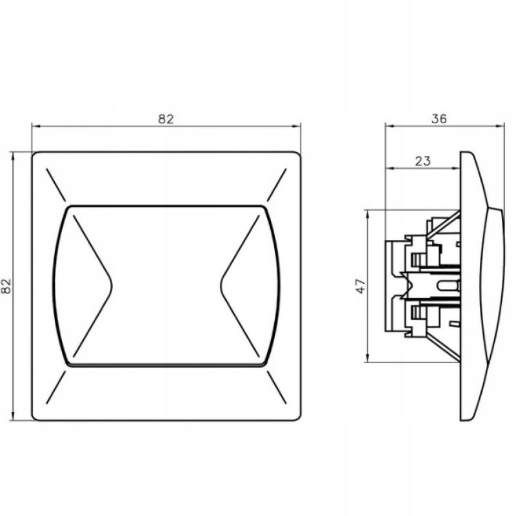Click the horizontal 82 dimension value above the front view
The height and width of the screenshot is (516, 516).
point(166,119)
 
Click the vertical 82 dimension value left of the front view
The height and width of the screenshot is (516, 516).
point(6,286)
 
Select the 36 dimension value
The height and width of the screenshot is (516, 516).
point(439,119)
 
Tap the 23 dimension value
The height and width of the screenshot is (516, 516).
point(422,161)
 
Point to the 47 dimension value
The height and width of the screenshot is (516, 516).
point(361,286)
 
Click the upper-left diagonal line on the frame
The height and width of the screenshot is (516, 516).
point(56,184)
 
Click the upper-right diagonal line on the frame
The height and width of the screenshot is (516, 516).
point(277,184)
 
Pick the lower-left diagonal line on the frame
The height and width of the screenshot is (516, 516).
point(56,388)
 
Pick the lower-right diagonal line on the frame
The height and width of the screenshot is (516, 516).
point(277,388)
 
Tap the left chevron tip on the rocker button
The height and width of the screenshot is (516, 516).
point(112,286)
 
